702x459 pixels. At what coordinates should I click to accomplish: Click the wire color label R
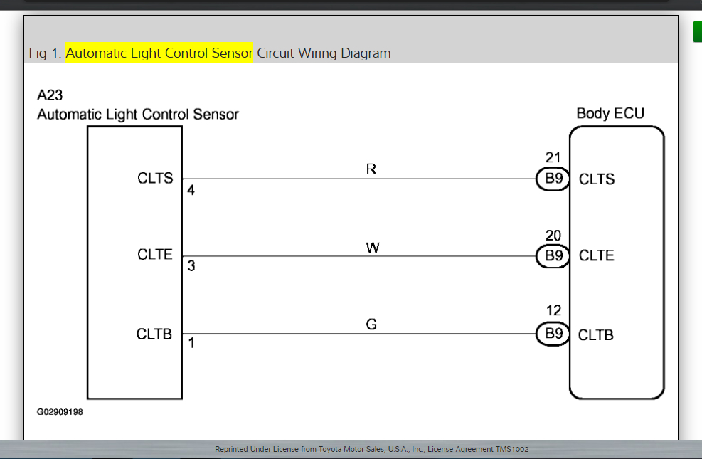(x=371, y=169)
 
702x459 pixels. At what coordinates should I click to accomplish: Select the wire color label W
(x=372, y=248)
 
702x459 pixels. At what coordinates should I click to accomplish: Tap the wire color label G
(x=371, y=325)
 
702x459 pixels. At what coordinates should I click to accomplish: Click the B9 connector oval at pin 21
(x=553, y=179)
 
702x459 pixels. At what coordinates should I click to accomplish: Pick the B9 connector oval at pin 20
(x=553, y=256)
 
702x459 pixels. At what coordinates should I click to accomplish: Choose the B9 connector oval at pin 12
(x=553, y=334)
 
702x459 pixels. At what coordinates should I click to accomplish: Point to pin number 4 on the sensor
(x=191, y=191)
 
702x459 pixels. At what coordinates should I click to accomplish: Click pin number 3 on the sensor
(x=191, y=267)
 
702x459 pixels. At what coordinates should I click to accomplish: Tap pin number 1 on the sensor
(x=191, y=343)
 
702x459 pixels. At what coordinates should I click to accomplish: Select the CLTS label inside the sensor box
(x=155, y=179)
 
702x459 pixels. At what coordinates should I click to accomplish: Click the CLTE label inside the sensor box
(x=155, y=255)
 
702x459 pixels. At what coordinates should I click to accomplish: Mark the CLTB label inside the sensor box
(x=154, y=334)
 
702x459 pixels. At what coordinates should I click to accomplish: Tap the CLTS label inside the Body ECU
(x=597, y=179)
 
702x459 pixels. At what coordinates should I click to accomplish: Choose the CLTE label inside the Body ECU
(x=597, y=256)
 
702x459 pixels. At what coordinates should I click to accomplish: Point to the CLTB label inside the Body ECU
(x=596, y=334)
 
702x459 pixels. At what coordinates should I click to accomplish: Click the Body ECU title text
(x=610, y=113)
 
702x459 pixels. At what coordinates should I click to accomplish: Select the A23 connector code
(x=50, y=96)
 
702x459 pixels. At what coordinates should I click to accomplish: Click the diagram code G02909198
(x=60, y=411)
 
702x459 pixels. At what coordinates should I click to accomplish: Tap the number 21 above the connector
(x=553, y=158)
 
